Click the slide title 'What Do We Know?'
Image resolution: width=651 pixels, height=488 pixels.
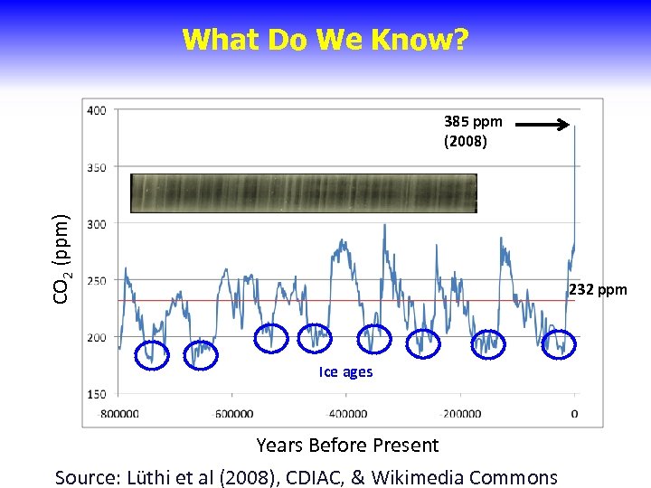[325, 40]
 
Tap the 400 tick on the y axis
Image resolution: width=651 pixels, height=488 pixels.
[96, 110]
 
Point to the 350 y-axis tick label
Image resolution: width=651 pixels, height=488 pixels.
[96, 167]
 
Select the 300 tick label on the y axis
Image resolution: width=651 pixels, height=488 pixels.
[96, 224]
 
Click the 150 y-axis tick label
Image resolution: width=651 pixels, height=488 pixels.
[96, 394]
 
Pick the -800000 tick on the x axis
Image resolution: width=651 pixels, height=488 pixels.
[119, 414]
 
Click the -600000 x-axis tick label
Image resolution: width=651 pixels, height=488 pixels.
[233, 414]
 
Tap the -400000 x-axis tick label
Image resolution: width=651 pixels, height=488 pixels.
[347, 414]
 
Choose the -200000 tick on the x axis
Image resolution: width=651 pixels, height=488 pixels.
[461, 414]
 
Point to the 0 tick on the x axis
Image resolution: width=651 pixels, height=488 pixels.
[574, 414]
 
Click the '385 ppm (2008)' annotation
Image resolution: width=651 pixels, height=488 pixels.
[473, 131]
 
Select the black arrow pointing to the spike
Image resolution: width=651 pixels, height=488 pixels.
[548, 126]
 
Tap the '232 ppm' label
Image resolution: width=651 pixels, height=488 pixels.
[598, 290]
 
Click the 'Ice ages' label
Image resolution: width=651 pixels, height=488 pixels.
[345, 372]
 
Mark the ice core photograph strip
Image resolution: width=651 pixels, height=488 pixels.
[304, 192]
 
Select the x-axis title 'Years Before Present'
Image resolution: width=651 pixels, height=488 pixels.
[347, 445]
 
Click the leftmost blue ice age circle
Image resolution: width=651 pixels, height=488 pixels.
[152, 355]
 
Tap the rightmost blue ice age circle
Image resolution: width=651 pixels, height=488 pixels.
[559, 343]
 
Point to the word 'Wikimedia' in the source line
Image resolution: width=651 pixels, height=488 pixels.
[431, 476]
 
